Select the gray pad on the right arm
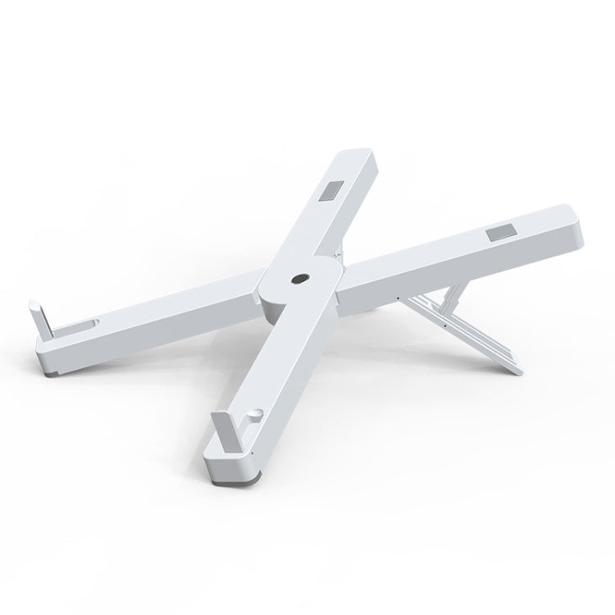497,235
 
